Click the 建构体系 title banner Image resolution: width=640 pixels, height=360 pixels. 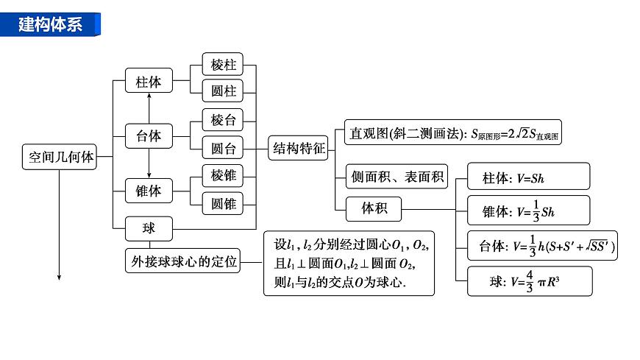(51, 24)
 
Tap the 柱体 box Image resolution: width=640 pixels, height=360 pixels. (149, 82)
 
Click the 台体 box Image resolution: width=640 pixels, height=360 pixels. (149, 136)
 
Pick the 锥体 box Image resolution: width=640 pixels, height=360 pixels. (149, 191)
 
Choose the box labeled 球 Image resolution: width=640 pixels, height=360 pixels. (149, 228)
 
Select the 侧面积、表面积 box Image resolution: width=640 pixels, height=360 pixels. (397, 176)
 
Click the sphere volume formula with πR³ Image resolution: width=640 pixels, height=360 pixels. (528, 281)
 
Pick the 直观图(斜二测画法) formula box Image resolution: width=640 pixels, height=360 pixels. (453, 134)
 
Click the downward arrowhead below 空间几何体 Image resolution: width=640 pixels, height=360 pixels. (59, 277)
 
